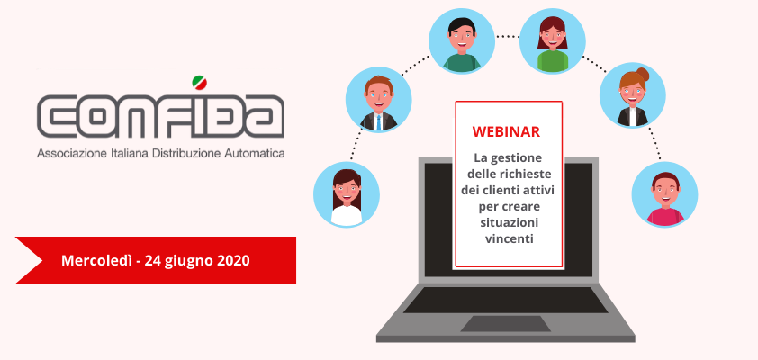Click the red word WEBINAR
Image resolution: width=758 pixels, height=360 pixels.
tap(506, 132)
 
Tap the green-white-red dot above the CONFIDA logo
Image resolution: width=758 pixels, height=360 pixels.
tap(199, 83)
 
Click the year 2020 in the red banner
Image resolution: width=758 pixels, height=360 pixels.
tap(233, 261)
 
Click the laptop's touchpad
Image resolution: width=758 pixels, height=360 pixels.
tap(505, 324)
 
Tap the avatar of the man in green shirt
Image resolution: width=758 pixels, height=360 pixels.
tap(462, 41)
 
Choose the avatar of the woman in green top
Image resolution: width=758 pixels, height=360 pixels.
tap(553, 41)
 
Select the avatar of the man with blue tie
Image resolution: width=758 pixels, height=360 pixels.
tap(378, 100)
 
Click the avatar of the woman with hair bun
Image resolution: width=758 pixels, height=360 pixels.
tap(632, 95)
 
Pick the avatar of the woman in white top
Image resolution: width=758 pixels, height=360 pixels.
tap(347, 194)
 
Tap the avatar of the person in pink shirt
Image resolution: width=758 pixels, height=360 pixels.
tap(664, 194)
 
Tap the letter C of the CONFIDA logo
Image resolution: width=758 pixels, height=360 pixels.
tap(54, 116)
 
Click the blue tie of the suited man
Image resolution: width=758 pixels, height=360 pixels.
tap(378, 122)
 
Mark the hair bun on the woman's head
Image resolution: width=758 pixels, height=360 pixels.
tap(643, 74)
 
